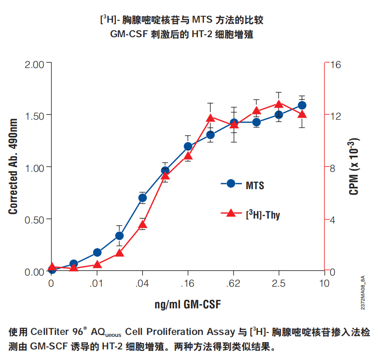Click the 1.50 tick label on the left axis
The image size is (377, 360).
tap(34, 116)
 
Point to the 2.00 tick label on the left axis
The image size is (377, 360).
tap(34, 65)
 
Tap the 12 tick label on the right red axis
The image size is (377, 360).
tap(335, 116)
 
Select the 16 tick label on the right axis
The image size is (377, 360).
tap(335, 65)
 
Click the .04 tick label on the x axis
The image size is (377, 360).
tap(142, 284)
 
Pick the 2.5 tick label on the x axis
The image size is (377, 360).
tap(279, 284)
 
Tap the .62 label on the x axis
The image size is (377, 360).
tap(233, 284)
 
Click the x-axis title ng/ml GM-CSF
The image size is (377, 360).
tap(188, 305)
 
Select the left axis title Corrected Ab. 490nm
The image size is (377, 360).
tap(13, 166)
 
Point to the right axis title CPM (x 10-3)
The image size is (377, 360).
tap(353, 166)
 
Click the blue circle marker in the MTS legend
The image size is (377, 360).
tap(231, 183)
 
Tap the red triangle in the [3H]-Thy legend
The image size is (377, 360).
tap(231, 213)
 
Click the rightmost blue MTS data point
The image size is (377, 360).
tap(302, 105)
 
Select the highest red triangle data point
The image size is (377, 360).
tap(279, 104)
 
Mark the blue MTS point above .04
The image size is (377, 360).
tap(142, 198)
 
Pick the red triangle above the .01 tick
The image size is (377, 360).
tap(97, 264)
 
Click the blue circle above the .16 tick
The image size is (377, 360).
tap(188, 146)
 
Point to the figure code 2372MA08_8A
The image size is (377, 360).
tap(363, 293)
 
